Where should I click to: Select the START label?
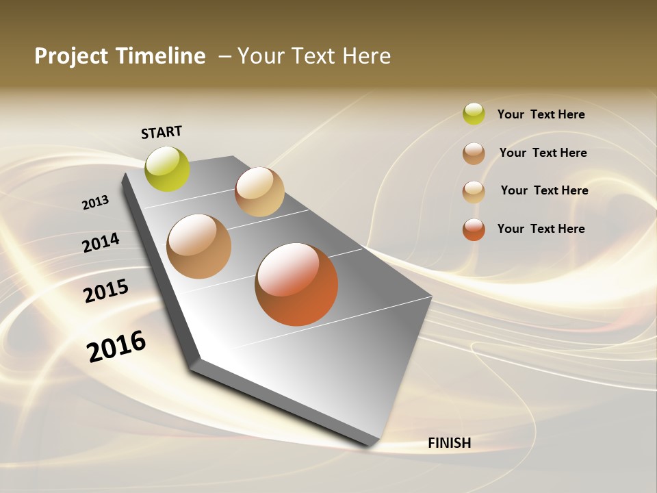(x=162, y=131)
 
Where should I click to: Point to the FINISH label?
(x=449, y=443)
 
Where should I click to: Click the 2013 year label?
(x=95, y=203)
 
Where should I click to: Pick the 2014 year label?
(x=101, y=242)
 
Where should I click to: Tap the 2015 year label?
(x=105, y=291)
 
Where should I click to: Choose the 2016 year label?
(x=116, y=346)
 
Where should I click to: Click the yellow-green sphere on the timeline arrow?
(x=168, y=169)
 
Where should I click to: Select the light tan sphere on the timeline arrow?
(x=259, y=192)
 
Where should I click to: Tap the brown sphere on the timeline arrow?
(x=199, y=246)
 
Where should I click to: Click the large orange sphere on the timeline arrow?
(x=296, y=284)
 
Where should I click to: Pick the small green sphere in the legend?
(x=474, y=114)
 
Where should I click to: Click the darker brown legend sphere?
(x=474, y=153)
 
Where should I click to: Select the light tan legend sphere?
(x=474, y=191)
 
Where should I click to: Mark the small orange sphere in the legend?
(x=474, y=229)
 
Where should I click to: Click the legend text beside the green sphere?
(x=541, y=114)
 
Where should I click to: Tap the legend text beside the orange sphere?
(x=541, y=229)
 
